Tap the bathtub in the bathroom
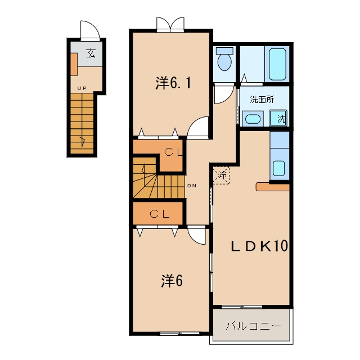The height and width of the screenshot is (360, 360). point(277,64)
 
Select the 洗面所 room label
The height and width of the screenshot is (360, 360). point(262,99)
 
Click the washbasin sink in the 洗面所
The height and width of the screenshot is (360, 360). point(253,119)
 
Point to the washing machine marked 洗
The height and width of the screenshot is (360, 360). point(278,118)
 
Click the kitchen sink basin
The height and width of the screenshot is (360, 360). point(279,168)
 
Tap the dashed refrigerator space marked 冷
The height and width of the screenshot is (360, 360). point(221,175)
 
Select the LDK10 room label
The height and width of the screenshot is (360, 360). point(259,246)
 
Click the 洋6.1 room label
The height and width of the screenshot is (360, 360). point(173,83)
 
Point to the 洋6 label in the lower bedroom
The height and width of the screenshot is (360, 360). point(172,281)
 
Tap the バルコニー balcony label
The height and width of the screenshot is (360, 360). point(253,326)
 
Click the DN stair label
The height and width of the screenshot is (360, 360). point(192,186)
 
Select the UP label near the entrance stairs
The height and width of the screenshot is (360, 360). point(82,88)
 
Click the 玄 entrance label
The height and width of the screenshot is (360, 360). point(91,53)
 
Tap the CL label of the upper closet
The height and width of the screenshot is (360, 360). point(173,152)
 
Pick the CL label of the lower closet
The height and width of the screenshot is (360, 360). point(160,214)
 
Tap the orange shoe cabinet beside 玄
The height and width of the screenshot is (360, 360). point(74,64)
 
